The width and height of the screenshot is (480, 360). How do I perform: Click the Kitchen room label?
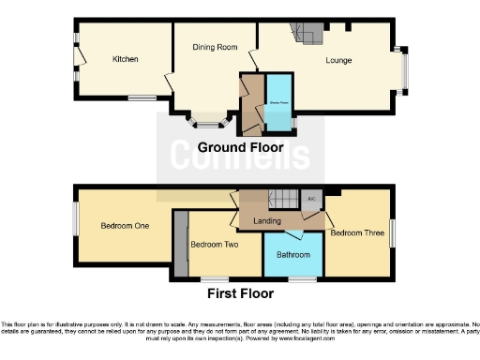point(126,59)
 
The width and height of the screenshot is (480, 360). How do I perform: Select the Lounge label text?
point(339,61)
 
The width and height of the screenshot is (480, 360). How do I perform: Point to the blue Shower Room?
point(277,101)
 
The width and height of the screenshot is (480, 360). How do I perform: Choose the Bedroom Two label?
point(213,245)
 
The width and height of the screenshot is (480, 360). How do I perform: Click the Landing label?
point(267,220)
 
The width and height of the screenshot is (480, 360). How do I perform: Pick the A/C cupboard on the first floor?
point(310,198)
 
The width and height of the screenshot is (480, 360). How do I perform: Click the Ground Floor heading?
point(240,148)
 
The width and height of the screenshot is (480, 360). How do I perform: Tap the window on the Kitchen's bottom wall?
point(142,97)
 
